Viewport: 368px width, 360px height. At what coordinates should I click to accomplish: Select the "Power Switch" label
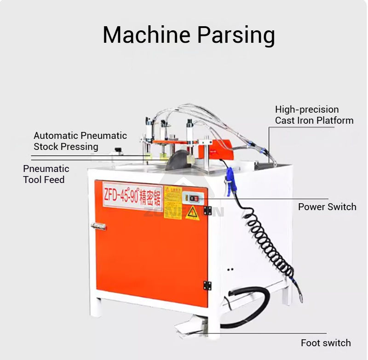click(x=327, y=206)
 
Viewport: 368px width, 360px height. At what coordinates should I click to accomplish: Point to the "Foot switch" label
click(x=325, y=343)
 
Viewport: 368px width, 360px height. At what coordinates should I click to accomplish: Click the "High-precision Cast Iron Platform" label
click(x=314, y=115)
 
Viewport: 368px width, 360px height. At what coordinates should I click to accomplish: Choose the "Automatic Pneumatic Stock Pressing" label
click(x=80, y=141)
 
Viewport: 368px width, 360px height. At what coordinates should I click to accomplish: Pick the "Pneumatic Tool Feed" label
click(x=46, y=174)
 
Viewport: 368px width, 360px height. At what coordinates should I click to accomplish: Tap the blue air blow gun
click(x=230, y=180)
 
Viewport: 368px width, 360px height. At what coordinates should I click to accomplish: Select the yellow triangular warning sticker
click(x=192, y=212)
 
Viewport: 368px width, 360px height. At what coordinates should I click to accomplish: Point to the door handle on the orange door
click(x=98, y=226)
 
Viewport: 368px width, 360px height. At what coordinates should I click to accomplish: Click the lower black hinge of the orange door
click(x=207, y=285)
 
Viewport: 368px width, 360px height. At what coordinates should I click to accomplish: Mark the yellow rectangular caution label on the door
click(x=173, y=202)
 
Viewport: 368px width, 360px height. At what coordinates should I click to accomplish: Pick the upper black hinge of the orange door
click(x=207, y=211)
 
